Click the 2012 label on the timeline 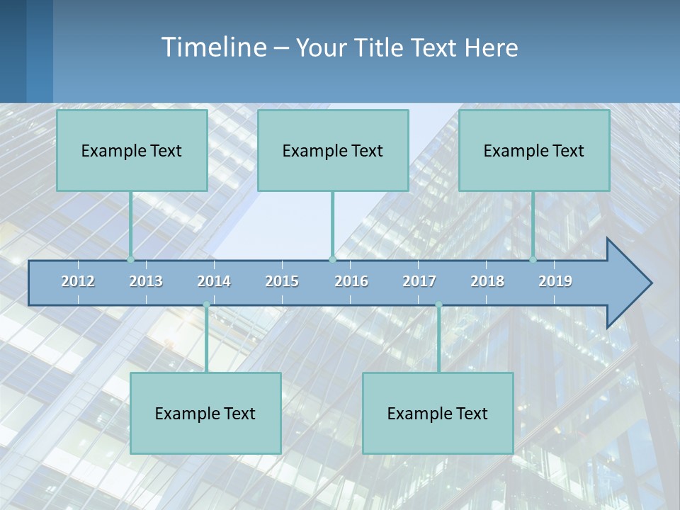coord(78,281)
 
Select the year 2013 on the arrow coord(146,281)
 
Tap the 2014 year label coord(214,281)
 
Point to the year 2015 coord(282,281)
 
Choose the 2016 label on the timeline coord(351,281)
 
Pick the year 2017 coord(419,281)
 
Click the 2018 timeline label coord(487,281)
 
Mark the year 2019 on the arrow coord(555,281)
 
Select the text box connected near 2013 coord(132,150)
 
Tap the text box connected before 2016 coord(333,150)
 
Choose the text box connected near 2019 coord(534,150)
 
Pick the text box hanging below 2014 coord(205,413)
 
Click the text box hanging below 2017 coord(438,413)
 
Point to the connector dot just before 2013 coord(131,259)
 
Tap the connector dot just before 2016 coord(332,259)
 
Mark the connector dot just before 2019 coord(533,259)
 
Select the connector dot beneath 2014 coord(206,305)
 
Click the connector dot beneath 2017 coord(438,305)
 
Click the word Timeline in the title coord(213,47)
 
